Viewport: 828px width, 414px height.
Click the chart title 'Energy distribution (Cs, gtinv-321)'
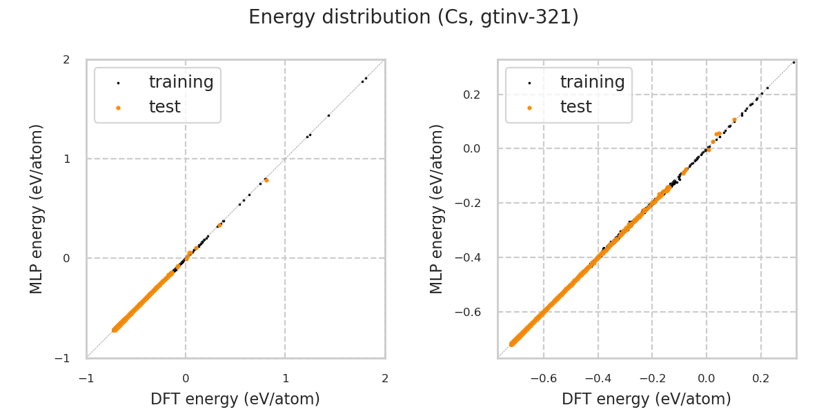click(x=413, y=17)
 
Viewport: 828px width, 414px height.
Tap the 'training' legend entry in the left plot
click(x=181, y=82)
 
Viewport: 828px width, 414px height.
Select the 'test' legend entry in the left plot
click(x=164, y=107)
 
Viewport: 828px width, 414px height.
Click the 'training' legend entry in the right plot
click(x=592, y=82)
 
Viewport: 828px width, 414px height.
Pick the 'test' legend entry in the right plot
click(x=575, y=107)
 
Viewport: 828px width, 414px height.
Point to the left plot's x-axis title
click(x=235, y=399)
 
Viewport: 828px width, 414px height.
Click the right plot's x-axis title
click(x=647, y=399)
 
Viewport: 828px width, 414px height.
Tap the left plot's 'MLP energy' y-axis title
click(x=37, y=208)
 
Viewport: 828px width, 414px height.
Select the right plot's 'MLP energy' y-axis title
click(x=437, y=208)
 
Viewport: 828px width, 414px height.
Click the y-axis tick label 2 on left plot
click(x=66, y=59)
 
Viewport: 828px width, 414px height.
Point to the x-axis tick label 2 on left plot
click(x=384, y=377)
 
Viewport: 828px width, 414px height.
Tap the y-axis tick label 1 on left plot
click(x=66, y=159)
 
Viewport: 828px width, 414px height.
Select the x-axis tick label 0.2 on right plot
click(x=761, y=377)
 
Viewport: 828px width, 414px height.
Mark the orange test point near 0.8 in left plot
click(x=266, y=180)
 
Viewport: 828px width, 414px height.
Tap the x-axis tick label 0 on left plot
click(x=186, y=377)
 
